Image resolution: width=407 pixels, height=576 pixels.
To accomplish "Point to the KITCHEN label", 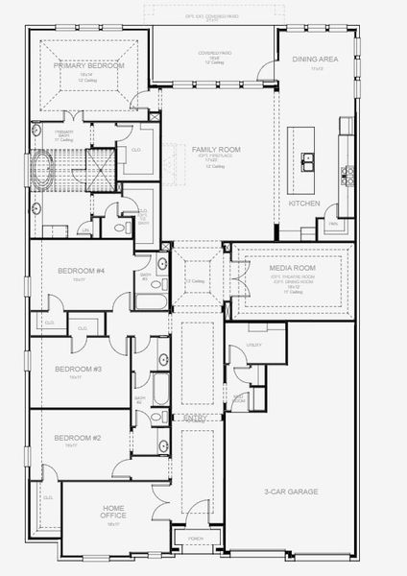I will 304,204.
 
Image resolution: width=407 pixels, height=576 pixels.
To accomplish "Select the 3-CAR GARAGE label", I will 291,491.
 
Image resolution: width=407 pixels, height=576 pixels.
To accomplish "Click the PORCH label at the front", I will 198,540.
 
